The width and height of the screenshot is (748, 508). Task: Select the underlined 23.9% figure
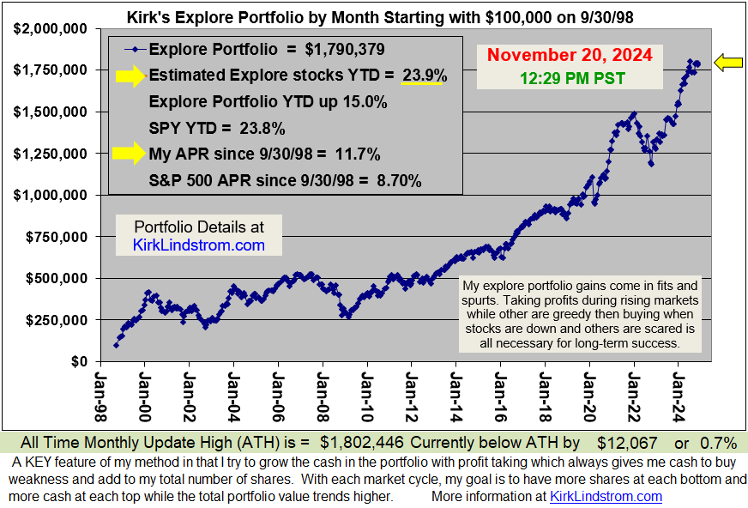click(425, 76)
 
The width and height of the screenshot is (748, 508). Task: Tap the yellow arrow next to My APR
click(127, 154)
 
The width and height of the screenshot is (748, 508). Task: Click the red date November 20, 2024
click(569, 56)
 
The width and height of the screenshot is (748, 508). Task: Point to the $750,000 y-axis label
click(52, 237)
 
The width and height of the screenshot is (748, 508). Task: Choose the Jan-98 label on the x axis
click(100, 390)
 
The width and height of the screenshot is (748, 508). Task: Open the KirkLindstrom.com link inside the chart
click(199, 245)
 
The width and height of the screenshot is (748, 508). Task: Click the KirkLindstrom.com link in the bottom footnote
click(606, 496)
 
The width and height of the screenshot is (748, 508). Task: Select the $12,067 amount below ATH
click(628, 443)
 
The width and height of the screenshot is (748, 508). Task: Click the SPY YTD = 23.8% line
click(217, 129)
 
